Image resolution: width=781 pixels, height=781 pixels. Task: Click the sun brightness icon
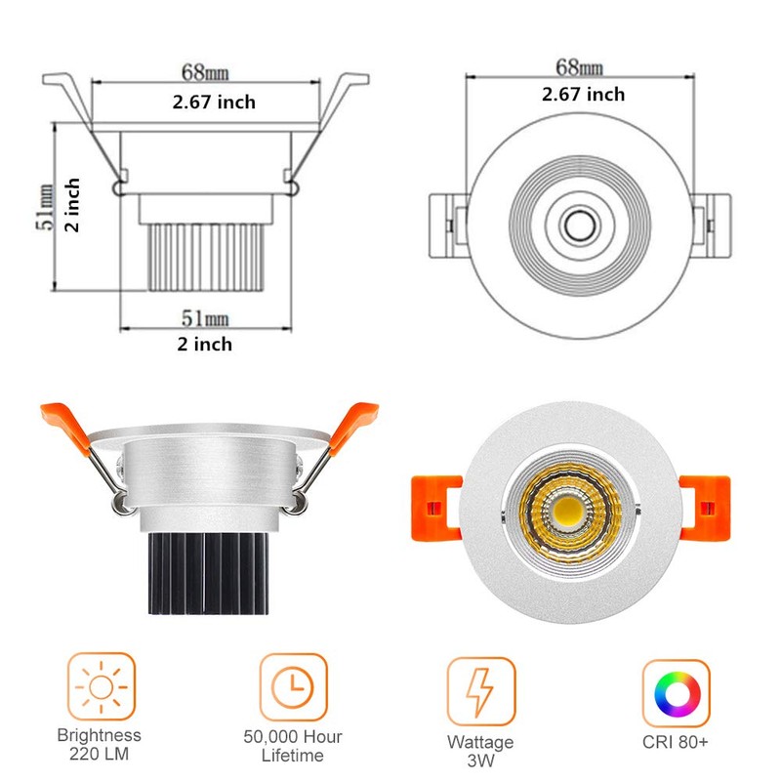click(102, 687)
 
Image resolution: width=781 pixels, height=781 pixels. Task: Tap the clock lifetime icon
click(293, 687)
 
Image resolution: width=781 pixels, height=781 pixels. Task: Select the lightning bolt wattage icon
click(480, 691)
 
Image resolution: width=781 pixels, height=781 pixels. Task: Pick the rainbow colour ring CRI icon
click(676, 693)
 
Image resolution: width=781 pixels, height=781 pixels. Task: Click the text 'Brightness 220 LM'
click(100, 744)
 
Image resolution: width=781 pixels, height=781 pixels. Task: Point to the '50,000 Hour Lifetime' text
click(293, 746)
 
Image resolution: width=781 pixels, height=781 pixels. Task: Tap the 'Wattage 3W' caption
click(480, 751)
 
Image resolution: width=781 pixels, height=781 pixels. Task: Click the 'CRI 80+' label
click(675, 742)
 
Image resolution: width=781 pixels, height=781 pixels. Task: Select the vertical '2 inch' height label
click(72, 205)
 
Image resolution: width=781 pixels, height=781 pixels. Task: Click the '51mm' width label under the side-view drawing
click(205, 318)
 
